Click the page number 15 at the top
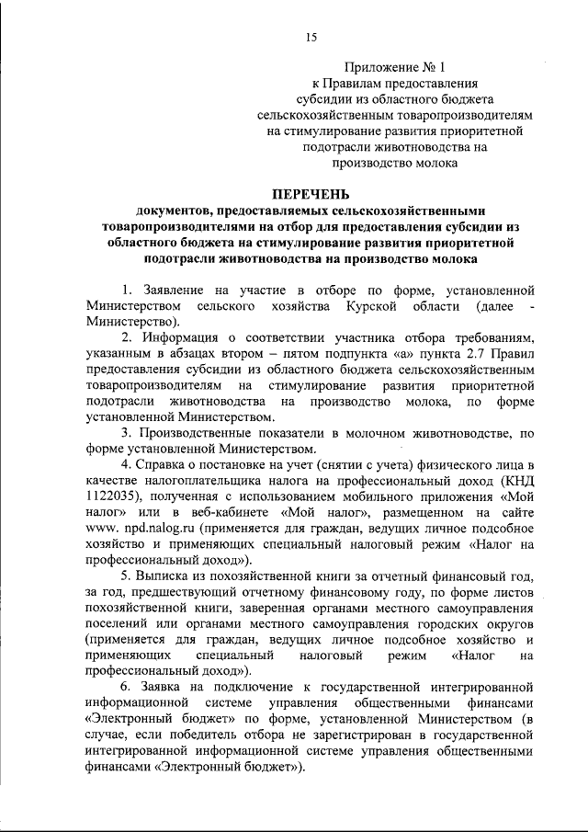point(311,37)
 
